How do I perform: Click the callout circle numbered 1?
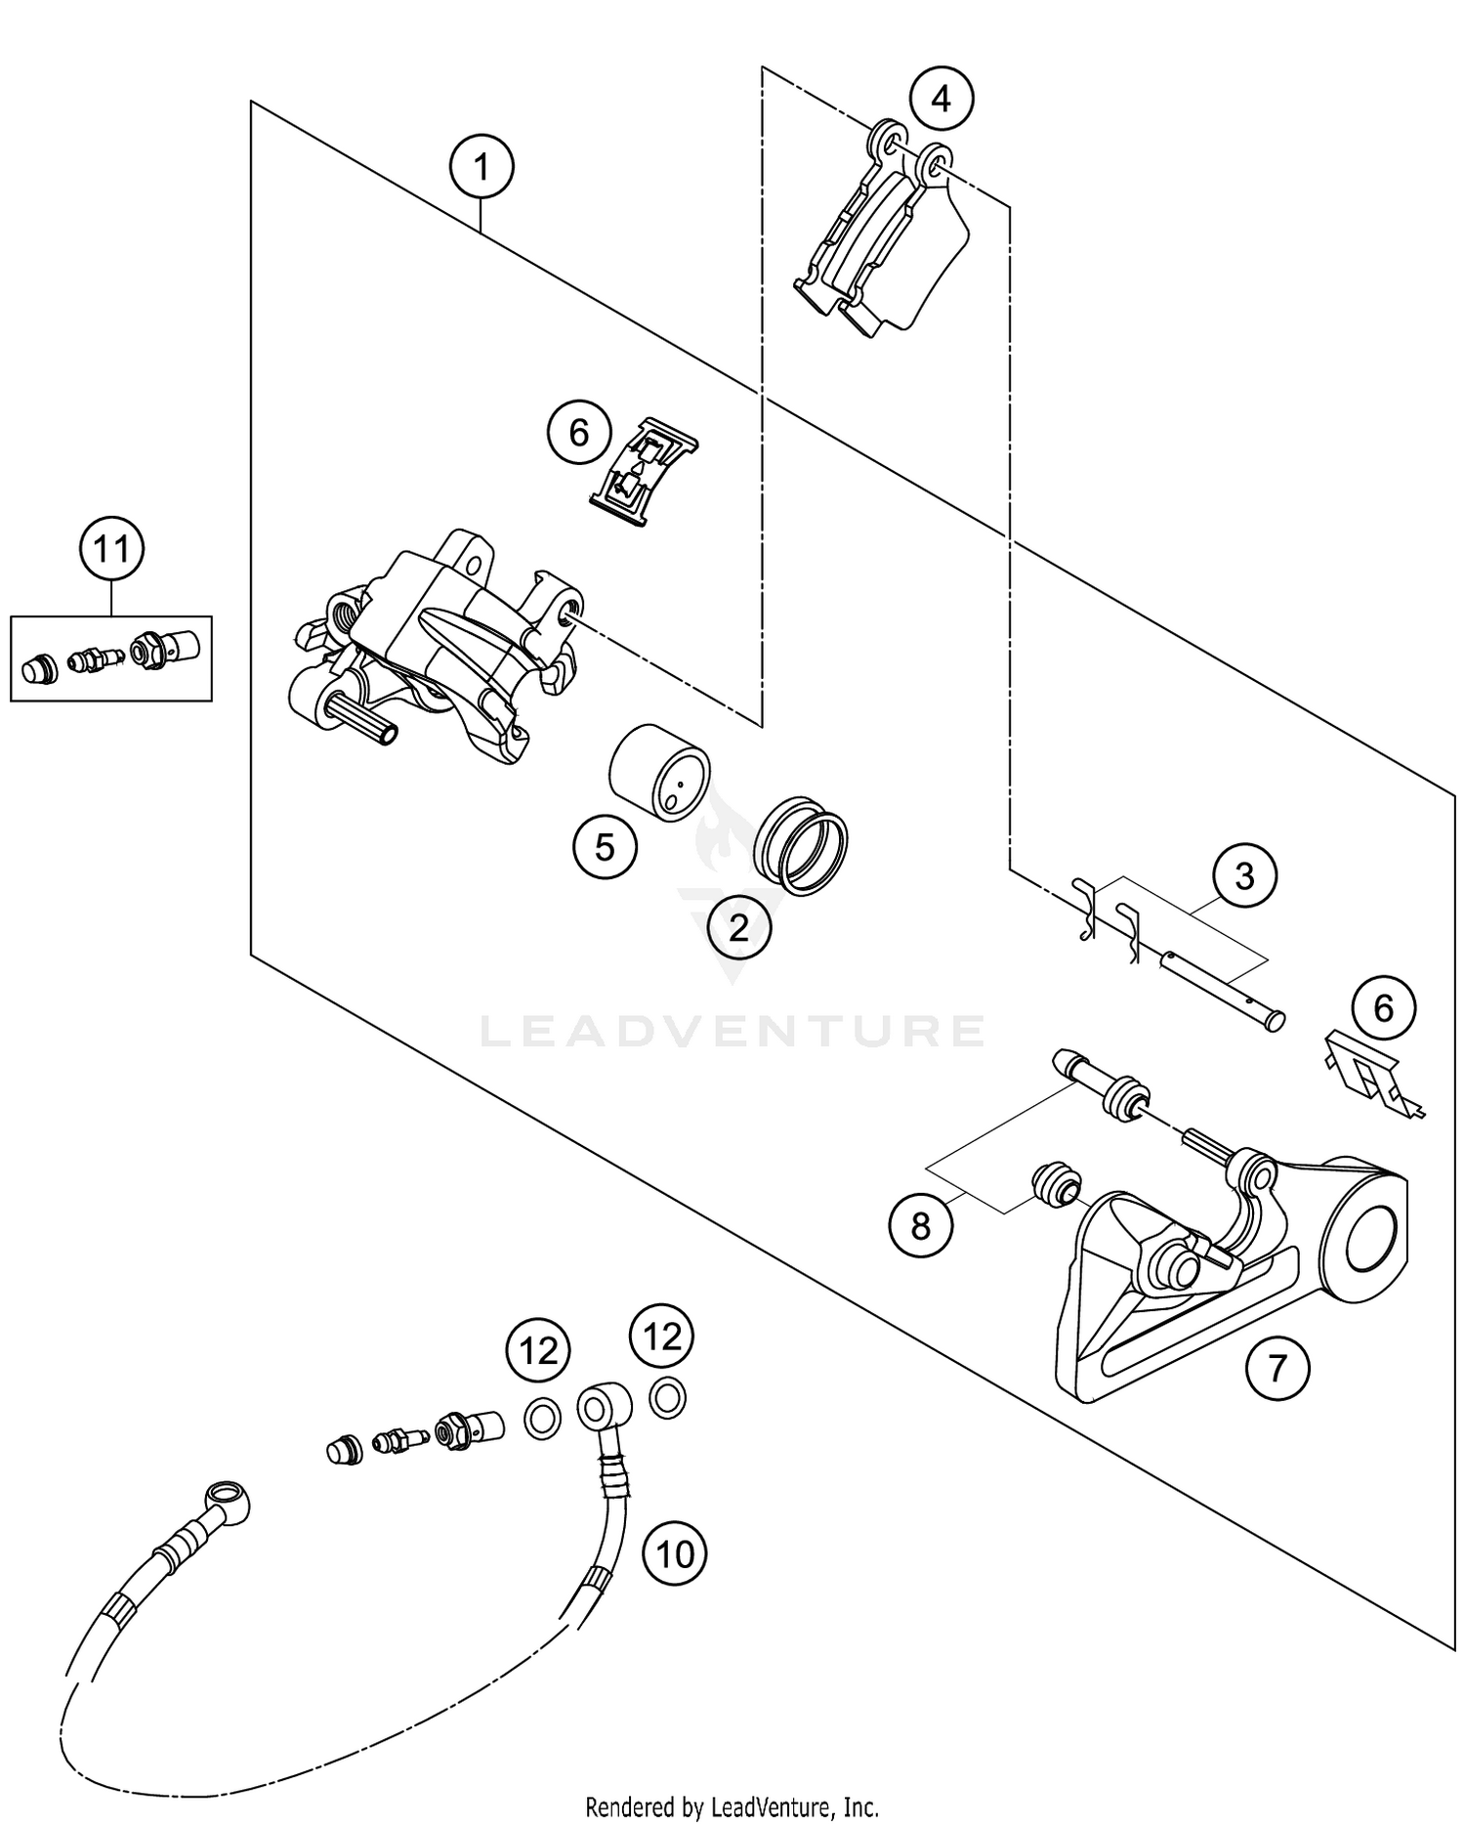click(481, 168)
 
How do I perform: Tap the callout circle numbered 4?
click(941, 99)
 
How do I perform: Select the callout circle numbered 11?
click(111, 549)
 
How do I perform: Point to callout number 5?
click(605, 846)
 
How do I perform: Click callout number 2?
click(738, 926)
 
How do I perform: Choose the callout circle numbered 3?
click(1244, 876)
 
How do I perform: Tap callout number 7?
click(1277, 1368)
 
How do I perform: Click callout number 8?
click(921, 1225)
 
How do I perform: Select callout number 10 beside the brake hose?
click(675, 1552)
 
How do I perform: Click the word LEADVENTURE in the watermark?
click(732, 1032)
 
